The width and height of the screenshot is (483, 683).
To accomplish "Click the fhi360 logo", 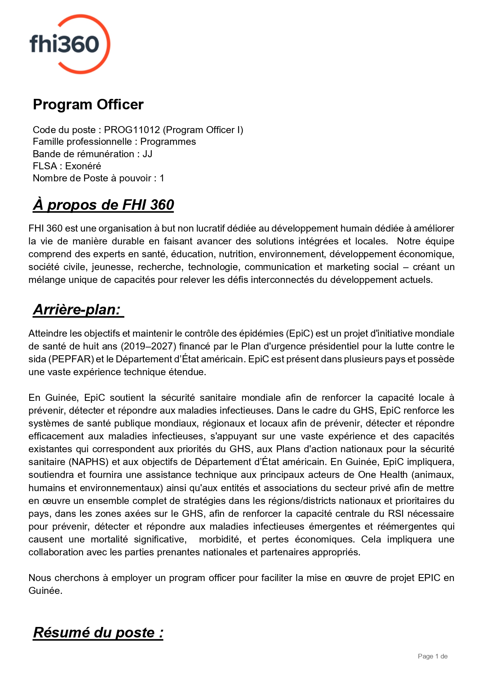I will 69,44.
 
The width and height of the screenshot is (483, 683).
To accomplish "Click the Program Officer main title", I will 88,104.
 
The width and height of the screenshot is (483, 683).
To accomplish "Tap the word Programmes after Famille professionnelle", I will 168,142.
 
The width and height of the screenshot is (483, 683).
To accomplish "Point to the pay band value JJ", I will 147,154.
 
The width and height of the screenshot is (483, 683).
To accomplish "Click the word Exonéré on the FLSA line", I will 83,166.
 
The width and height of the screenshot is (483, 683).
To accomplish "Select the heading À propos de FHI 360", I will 103,205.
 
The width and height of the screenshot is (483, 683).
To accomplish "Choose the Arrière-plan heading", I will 78,309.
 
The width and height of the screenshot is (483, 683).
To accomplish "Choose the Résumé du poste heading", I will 98,632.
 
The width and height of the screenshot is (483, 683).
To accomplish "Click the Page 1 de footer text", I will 432,656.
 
